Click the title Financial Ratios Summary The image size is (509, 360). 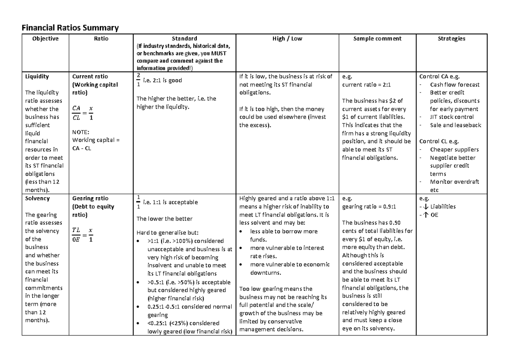pyautogui.click(x=70, y=28)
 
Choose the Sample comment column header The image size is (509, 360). pyautogui.click(x=377, y=39)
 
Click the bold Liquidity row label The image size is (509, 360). pyautogui.click(x=37, y=77)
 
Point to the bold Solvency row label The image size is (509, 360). pyautogui.click(x=37, y=198)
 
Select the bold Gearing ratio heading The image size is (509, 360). pyautogui.click(x=90, y=198)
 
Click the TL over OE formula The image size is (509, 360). pyautogui.click(x=83, y=234)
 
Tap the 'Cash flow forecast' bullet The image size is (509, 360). pyautogui.click(x=455, y=85)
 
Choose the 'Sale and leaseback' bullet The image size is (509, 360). pyautogui.click(x=456, y=125)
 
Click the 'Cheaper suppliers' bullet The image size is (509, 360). pyautogui.click(x=454, y=149)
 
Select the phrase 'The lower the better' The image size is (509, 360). pyautogui.click(x=164, y=219)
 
